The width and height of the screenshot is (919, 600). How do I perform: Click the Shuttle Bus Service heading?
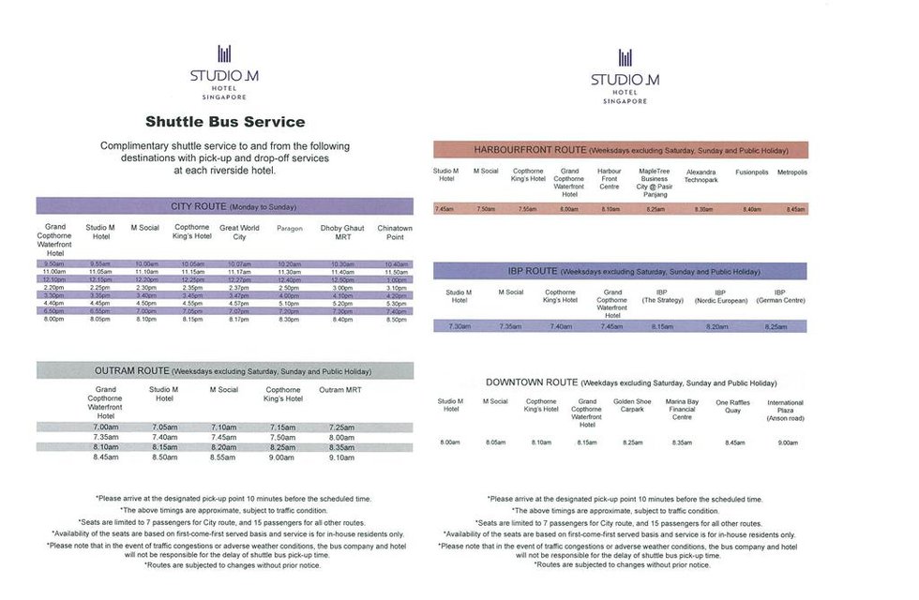pyautogui.click(x=224, y=121)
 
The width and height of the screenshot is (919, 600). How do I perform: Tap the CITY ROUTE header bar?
pyautogui.click(x=224, y=205)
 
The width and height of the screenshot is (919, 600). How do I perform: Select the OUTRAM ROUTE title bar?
pyautogui.click(x=224, y=370)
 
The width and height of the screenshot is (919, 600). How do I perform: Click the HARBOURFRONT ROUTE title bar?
pyautogui.click(x=620, y=149)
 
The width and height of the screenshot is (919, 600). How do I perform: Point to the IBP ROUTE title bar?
pyautogui.click(x=620, y=271)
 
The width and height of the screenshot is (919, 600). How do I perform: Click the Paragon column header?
pyautogui.click(x=290, y=228)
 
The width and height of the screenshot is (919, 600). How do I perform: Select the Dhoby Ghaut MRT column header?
pyautogui.click(x=342, y=232)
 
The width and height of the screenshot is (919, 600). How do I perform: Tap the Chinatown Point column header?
pyautogui.click(x=395, y=232)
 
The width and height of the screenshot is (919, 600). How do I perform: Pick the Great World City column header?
pyautogui.click(x=239, y=232)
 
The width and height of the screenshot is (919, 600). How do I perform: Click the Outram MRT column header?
pyautogui.click(x=340, y=390)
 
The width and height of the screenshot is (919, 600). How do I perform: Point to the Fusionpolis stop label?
pyautogui.click(x=752, y=172)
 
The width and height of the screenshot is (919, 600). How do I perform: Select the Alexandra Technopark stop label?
pyautogui.click(x=701, y=176)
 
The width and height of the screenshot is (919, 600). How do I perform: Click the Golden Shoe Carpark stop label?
pyautogui.click(x=632, y=405)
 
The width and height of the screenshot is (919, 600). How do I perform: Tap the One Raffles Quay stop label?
pyautogui.click(x=733, y=406)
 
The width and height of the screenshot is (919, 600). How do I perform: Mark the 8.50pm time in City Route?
pyautogui.click(x=396, y=320)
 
